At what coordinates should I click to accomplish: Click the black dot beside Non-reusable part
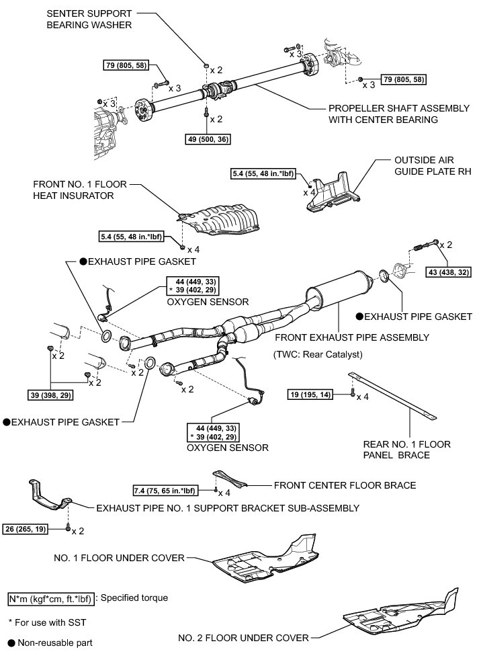[11, 643]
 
